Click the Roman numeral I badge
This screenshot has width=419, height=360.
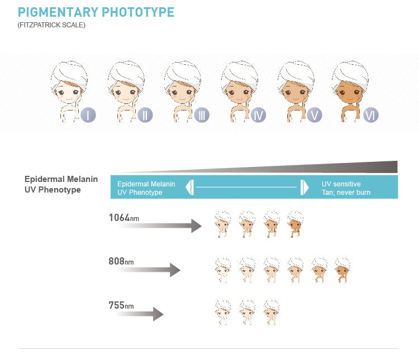(88, 115)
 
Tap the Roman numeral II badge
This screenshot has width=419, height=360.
(145, 115)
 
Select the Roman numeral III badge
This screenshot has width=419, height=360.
(202, 115)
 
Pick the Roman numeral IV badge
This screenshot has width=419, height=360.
(259, 115)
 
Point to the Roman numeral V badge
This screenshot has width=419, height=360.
(315, 115)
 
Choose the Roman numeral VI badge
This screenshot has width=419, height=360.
(371, 115)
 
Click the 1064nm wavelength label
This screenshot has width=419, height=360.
(124, 218)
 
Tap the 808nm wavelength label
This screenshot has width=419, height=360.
(121, 261)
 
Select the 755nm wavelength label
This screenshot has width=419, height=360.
(121, 305)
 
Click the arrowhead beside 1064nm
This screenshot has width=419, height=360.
(197, 226)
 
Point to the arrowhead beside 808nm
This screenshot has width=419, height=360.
(175, 270)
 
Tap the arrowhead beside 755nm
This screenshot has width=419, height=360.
(158, 314)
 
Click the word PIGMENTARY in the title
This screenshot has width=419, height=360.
(58, 12)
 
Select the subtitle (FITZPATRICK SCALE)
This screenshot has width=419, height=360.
(51, 25)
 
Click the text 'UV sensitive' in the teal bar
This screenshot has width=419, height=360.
(341, 184)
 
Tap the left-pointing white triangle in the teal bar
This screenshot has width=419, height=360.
(189, 187)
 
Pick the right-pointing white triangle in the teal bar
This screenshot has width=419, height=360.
(304, 187)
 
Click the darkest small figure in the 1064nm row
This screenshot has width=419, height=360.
(296, 224)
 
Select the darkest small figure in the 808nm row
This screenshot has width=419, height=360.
(342, 270)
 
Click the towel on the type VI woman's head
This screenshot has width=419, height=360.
(351, 74)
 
